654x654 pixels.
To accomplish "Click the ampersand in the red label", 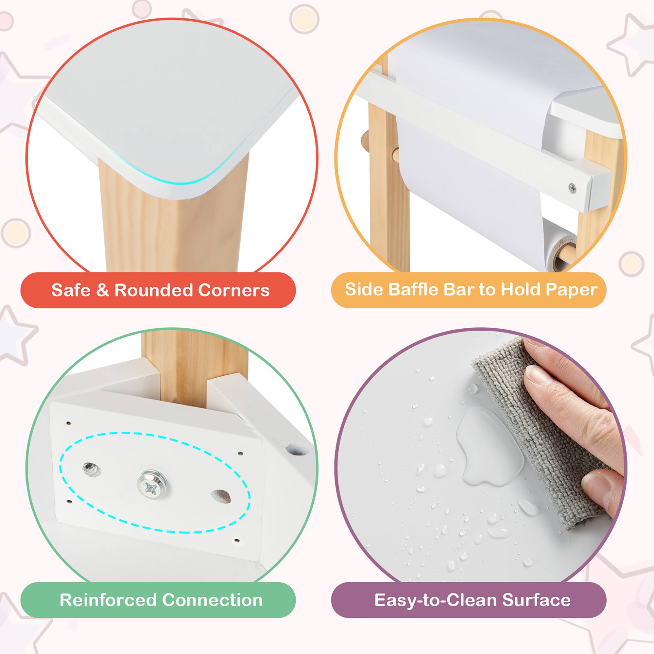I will pyautogui.click(x=103, y=290).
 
